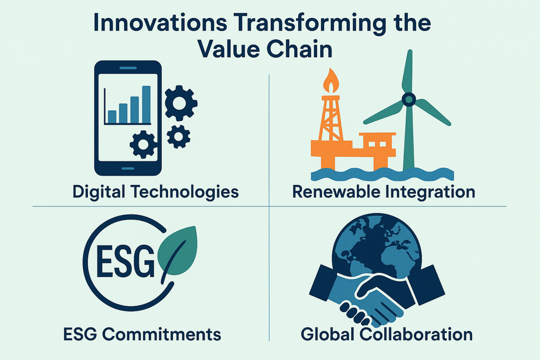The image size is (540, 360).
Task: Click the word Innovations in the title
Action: [x=160, y=23]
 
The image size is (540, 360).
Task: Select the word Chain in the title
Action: [x=300, y=49]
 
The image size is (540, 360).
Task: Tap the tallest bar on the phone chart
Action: [x=146, y=105]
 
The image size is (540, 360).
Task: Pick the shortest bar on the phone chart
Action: [x=112, y=117]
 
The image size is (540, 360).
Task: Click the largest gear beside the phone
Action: [x=181, y=103]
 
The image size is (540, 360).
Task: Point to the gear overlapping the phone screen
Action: [x=144, y=144]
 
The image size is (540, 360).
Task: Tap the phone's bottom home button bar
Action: [x=128, y=168]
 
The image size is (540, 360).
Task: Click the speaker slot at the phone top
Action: [x=128, y=68]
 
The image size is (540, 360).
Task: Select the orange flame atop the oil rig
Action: [x=331, y=81]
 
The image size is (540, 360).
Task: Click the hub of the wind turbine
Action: [x=409, y=99]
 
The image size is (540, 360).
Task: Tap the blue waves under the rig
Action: [x=382, y=174]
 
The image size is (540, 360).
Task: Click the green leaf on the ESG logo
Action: [x=178, y=250]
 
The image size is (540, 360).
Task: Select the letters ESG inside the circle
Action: [x=126, y=261]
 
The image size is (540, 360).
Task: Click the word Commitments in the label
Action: [x=162, y=334]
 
